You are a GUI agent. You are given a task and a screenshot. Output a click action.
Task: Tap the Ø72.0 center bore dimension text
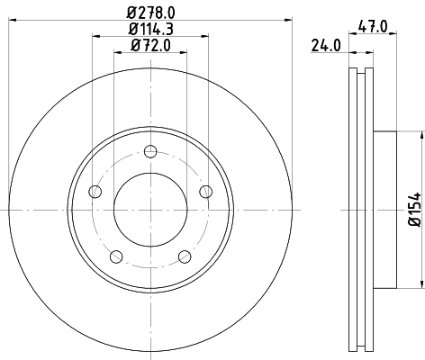(151, 45)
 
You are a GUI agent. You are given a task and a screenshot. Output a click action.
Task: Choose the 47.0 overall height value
(372, 28)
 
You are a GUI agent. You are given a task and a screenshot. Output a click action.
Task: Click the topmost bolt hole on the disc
(150, 149)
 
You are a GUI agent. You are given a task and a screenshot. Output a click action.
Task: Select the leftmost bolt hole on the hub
(95, 190)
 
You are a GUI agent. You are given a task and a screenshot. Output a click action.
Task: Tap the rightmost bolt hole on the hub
(205, 190)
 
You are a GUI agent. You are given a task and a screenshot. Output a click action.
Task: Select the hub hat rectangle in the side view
(384, 208)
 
